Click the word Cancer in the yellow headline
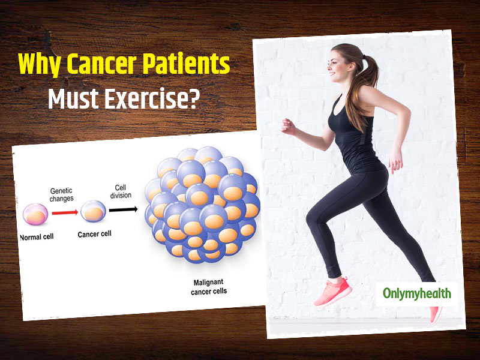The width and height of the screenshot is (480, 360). tap(101, 64)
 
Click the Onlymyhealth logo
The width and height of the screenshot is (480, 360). tap(416, 293)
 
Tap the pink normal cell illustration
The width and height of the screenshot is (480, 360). tap(35, 214)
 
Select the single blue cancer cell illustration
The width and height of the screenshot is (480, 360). tap(94, 211)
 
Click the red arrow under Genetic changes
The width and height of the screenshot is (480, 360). tap(65, 212)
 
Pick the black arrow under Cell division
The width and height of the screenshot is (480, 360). tap(123, 209)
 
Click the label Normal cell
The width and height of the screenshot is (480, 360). tap(37, 237)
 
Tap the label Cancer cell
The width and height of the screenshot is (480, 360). tap(94, 234)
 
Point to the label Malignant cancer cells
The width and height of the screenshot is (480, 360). tap(209, 287)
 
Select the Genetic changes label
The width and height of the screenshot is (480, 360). tap(62, 194)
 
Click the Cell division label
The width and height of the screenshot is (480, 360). tap(121, 191)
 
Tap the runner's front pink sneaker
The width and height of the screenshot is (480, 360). tap(333, 292)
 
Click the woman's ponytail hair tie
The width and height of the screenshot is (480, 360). tap(364, 57)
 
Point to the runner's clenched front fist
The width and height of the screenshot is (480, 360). tap(289, 127)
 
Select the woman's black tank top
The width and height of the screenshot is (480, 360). tap(355, 136)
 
